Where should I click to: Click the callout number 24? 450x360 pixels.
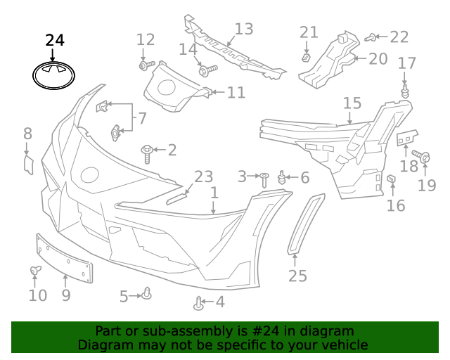[54, 41]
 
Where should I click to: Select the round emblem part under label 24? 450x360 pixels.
[54, 75]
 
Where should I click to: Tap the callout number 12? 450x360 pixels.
[145, 40]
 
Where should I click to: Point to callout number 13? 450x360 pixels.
[243, 30]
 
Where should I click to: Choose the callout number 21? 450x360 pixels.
[309, 32]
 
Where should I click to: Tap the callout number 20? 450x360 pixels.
[378, 58]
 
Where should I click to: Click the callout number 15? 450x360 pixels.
[352, 104]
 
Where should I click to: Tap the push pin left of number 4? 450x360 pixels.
[199, 304]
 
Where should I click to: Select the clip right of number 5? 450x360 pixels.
[147, 292]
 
